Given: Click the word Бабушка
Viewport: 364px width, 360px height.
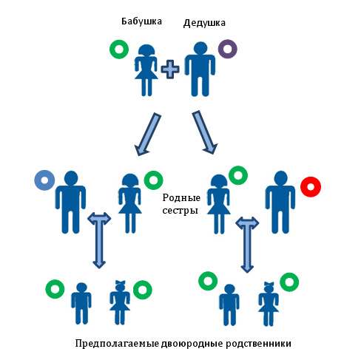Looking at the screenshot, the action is [141, 21].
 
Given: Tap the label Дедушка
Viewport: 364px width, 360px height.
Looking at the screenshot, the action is [204, 23].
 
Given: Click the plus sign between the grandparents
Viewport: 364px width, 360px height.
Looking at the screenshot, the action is [170, 69].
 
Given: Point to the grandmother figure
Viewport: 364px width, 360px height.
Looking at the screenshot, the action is [146, 70].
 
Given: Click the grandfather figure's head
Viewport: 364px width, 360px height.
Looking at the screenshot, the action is [200, 48].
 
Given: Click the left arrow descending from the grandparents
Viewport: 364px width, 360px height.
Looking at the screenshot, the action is [148, 135].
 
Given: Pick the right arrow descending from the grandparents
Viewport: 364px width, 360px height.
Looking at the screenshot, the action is [205, 132].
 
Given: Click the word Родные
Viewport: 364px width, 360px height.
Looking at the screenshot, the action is [181, 198].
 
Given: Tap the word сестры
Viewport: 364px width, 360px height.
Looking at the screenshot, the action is [180, 211].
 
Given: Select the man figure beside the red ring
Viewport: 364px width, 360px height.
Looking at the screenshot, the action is [280, 202].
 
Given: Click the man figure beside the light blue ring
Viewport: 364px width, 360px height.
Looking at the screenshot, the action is [71, 202].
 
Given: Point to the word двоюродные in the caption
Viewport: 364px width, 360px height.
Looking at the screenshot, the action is [192, 344].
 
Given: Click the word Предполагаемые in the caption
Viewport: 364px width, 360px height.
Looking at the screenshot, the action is [117, 344].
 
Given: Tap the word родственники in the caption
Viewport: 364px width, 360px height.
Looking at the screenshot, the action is [258, 344].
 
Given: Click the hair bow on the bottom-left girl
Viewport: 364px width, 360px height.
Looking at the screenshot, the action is [121, 282].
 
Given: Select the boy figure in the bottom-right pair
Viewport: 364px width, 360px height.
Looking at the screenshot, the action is [229, 305].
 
